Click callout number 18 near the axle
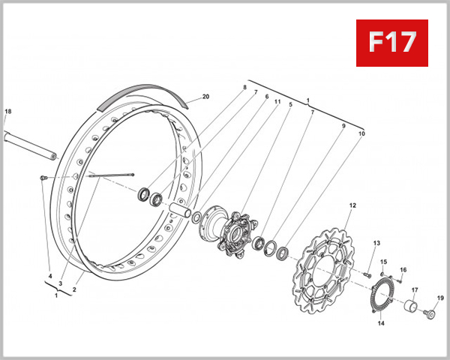pyautogui.click(x=8, y=112)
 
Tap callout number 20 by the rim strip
pyautogui.click(x=205, y=97)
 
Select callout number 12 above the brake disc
pyautogui.click(x=352, y=205)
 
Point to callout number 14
pyautogui.click(x=380, y=324)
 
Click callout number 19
pyautogui.click(x=440, y=298)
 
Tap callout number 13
pyautogui.click(x=376, y=243)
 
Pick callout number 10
pyautogui.click(x=361, y=133)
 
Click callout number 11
pyautogui.click(x=277, y=102)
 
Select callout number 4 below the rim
pyautogui.click(x=50, y=277)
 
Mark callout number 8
pyautogui.click(x=244, y=88)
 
